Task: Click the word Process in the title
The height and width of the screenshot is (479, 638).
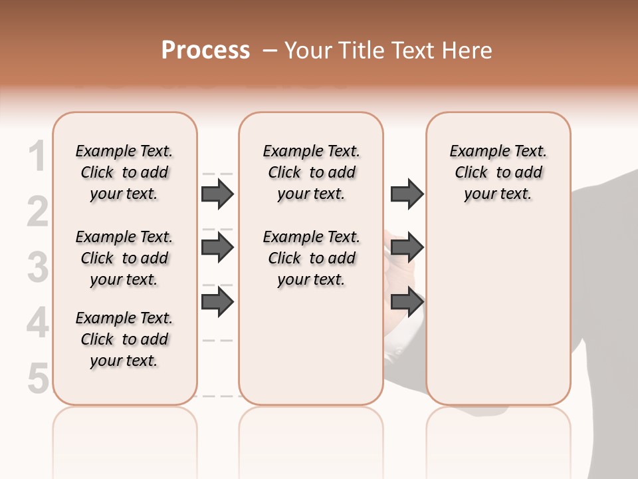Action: click(x=205, y=51)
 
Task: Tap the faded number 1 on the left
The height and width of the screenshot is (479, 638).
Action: click(x=38, y=157)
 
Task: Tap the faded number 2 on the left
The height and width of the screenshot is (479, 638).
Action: click(x=38, y=212)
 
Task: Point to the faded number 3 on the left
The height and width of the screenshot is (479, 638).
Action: click(x=38, y=267)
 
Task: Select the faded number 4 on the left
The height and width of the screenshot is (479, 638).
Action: click(x=38, y=323)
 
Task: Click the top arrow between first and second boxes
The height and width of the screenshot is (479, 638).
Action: click(x=217, y=194)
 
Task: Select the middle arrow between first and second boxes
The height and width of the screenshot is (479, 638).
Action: click(x=217, y=247)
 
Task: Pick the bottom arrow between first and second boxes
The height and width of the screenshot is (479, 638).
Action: click(x=217, y=301)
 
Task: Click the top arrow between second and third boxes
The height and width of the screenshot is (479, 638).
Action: click(x=407, y=194)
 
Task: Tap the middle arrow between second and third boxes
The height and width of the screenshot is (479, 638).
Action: click(x=407, y=247)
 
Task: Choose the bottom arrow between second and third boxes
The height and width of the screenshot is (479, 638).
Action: click(x=407, y=301)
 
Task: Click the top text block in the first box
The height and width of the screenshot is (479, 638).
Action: click(x=124, y=172)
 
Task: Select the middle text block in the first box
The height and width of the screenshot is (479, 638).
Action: click(x=124, y=258)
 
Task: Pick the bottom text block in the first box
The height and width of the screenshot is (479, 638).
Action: click(x=124, y=339)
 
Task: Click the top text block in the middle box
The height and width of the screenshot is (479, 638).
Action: click(x=311, y=172)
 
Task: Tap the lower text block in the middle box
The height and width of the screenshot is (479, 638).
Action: click(x=311, y=258)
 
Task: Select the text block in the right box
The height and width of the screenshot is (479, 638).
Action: click(x=498, y=172)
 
